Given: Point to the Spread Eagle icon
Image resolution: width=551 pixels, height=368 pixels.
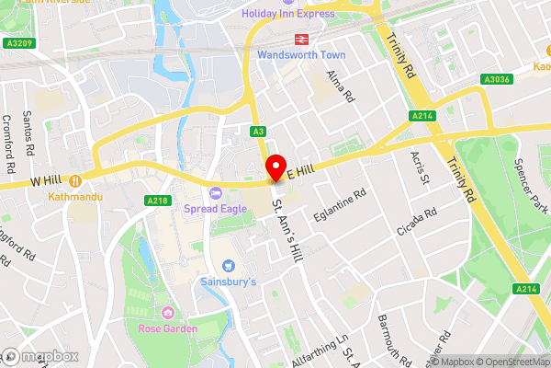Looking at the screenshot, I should coord(217,192).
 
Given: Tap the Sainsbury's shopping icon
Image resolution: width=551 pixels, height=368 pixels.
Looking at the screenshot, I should coord(228,265).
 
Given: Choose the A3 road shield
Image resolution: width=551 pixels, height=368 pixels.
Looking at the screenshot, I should coord(259,132).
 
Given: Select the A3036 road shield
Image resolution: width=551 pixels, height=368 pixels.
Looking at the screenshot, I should coord(497,79).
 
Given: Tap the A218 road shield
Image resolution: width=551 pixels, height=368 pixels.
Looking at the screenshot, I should coord(155,200).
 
